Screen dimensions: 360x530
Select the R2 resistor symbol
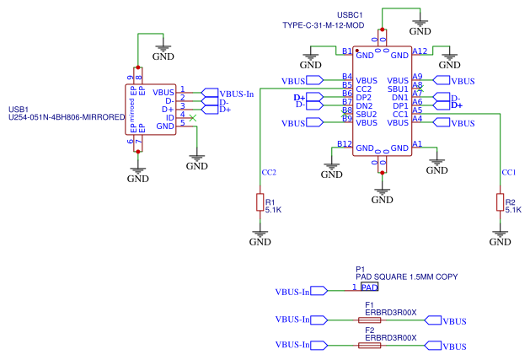(x=499, y=202)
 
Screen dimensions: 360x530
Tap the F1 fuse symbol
(x=369, y=320)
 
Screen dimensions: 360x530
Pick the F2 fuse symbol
(x=369, y=346)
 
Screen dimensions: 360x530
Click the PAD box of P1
(x=369, y=287)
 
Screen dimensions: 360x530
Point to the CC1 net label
(x=508, y=172)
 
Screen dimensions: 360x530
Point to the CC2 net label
(x=269, y=172)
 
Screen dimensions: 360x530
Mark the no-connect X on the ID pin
(x=194, y=117)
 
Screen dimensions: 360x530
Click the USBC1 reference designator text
(x=350, y=15)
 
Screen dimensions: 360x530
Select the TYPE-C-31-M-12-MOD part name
(x=324, y=26)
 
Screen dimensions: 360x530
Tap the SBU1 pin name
(x=398, y=89)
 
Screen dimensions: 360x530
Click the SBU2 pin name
(x=365, y=114)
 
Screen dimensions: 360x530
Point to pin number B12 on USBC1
(x=344, y=144)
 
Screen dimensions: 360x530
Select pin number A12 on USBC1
(x=420, y=51)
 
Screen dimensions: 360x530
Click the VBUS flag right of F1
(x=447, y=321)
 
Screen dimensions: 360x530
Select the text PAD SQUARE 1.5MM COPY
(x=406, y=277)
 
